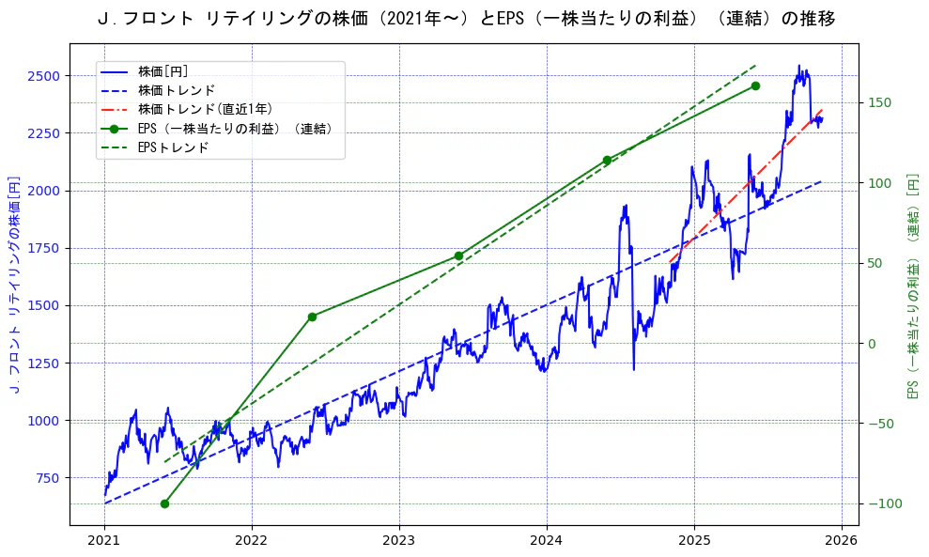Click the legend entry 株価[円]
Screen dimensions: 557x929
(163, 71)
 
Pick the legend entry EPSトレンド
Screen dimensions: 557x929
(173, 147)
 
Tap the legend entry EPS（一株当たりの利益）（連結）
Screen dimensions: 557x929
(235, 129)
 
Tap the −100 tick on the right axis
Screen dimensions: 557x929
(882, 504)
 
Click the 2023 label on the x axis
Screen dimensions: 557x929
(399, 542)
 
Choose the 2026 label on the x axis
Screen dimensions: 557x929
(842, 542)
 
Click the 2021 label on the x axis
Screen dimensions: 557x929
(104, 542)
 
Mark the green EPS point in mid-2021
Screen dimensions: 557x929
(164, 504)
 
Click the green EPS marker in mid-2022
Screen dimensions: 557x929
(312, 317)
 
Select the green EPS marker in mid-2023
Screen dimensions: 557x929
(458, 255)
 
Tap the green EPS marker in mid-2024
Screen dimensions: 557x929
(607, 160)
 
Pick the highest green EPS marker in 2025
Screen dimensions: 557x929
(755, 86)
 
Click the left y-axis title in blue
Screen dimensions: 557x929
(14, 285)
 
